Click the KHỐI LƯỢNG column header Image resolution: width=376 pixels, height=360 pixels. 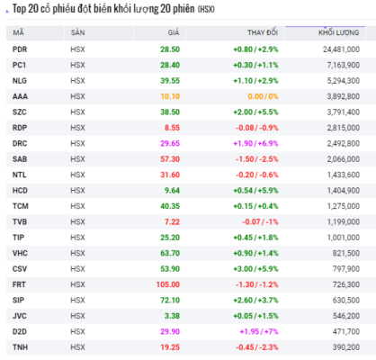(338, 32)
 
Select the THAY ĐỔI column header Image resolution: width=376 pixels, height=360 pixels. (263, 32)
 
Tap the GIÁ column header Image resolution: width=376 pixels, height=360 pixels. (174, 32)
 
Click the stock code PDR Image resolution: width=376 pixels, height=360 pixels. (20, 49)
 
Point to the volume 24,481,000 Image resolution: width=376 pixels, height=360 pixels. (341, 49)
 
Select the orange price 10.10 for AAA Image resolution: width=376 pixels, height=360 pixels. (170, 96)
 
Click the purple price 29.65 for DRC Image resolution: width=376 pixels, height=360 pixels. (170, 143)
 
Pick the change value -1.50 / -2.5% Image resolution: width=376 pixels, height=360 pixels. (257, 159)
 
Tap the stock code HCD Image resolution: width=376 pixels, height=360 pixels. (20, 191)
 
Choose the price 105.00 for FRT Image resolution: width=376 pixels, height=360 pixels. (168, 284)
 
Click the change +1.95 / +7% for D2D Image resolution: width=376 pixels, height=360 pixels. (259, 331)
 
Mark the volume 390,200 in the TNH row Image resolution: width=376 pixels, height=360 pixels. (346, 347)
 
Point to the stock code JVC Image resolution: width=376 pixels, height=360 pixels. (20, 316)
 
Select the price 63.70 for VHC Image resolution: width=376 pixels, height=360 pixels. (170, 253)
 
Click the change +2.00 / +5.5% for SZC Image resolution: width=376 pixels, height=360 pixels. (255, 112)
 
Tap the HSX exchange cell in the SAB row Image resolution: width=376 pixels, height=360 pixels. (77, 159)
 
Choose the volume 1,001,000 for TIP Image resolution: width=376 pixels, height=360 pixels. (344, 238)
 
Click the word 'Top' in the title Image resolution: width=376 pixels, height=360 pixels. (19, 9)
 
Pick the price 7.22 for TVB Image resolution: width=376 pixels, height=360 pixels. (172, 221)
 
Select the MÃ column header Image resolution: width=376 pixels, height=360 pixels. (18, 32)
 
